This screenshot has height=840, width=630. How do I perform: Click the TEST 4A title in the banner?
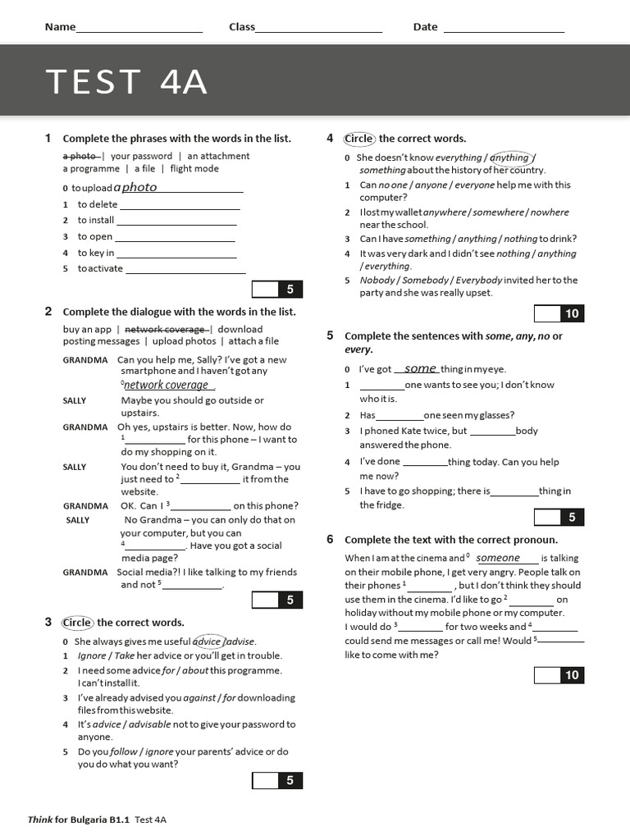point(126,82)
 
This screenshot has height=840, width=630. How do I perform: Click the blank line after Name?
point(139,31)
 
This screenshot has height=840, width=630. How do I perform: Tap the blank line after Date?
point(504,31)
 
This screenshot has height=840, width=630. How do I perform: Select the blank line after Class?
point(318,31)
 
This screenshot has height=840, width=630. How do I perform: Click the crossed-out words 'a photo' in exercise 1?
point(81,156)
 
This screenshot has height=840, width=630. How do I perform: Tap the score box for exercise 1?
point(278,289)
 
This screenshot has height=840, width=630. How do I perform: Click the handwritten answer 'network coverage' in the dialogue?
point(167,385)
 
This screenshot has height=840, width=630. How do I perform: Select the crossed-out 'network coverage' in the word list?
point(165,330)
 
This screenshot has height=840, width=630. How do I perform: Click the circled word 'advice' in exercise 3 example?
point(208,641)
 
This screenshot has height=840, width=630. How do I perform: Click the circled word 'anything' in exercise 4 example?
point(510,157)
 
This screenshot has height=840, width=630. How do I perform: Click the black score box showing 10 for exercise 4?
point(572,313)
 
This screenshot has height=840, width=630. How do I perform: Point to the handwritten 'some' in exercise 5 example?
point(420,369)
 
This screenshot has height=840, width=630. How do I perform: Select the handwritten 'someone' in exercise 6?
point(499,558)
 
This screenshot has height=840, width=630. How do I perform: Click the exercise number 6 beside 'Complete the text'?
point(330,539)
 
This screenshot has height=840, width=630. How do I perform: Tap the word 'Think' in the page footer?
point(40,819)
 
